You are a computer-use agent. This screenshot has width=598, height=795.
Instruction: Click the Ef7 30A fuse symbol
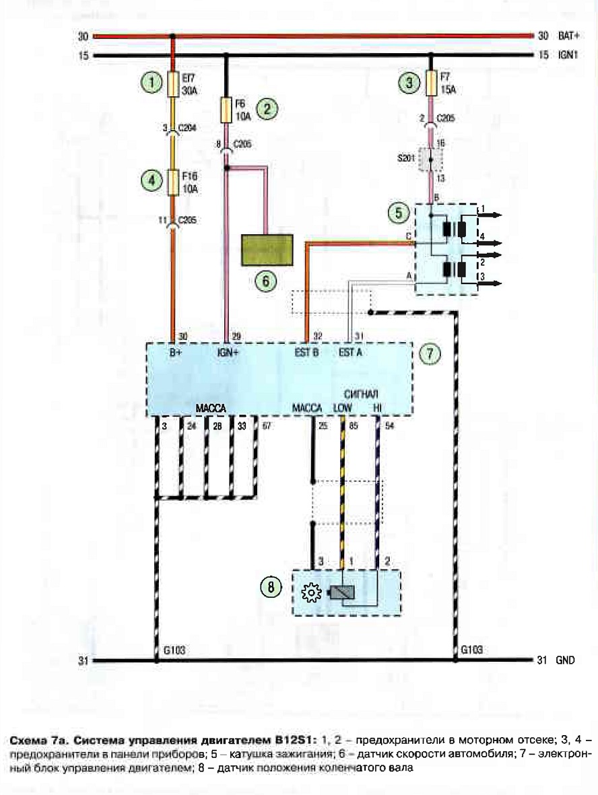173,84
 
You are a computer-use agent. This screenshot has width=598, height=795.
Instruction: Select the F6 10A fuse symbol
226,110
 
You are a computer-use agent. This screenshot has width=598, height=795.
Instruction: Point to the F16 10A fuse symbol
173,182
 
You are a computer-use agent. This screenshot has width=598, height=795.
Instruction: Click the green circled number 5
398,213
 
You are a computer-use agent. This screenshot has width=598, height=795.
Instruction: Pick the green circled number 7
430,353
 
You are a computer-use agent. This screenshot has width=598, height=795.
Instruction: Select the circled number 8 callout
271,586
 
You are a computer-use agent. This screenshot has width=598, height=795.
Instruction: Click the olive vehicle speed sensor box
267,250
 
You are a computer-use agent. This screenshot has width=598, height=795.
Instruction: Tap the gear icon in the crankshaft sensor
311,593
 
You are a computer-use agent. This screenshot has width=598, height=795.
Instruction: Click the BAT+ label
568,36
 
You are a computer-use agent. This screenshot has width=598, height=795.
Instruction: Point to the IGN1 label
568,55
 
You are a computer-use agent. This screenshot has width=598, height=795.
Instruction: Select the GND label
565,660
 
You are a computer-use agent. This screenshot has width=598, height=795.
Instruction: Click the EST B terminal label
306,352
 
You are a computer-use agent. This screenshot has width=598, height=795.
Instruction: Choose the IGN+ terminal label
228,352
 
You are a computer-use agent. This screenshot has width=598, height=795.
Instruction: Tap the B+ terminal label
176,352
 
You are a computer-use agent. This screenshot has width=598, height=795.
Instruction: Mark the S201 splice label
406,158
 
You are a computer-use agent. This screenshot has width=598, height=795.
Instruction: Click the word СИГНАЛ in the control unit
361,394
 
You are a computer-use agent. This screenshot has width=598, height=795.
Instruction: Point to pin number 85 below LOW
354,426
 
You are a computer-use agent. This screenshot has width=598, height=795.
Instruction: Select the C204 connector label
187,129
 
